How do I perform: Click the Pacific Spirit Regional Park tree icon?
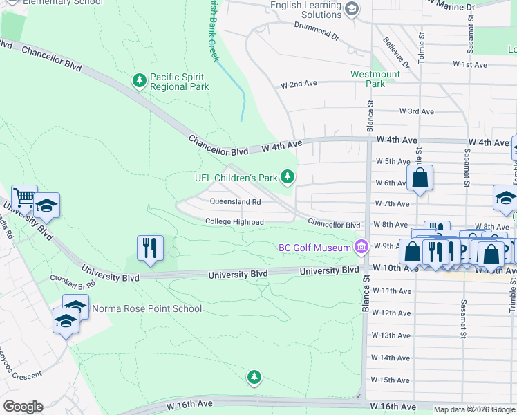pyautogui.click(x=140, y=81)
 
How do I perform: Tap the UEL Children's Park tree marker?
pyautogui.click(x=288, y=178)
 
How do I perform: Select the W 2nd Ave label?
pyautogui.click(x=299, y=84)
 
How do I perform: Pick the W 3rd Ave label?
pyautogui.click(x=417, y=111)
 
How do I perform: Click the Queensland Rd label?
pyautogui.click(x=235, y=202)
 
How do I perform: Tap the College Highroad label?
pyautogui.click(x=234, y=222)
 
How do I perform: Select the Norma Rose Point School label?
pyautogui.click(x=147, y=308)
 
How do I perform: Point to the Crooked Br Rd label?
pyautogui.click(x=73, y=280)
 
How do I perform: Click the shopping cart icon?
pyautogui.click(x=24, y=198)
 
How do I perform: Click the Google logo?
pyautogui.click(x=23, y=407)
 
